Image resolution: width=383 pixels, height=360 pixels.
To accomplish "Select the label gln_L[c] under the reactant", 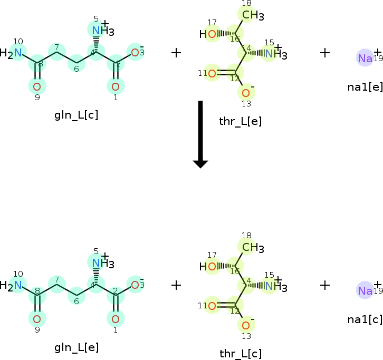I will tap(76, 115).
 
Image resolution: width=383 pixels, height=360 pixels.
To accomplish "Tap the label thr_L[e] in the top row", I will tap(240, 121).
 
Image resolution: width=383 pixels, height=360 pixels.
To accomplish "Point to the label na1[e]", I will tap(365, 86).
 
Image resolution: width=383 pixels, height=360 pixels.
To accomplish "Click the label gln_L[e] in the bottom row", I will tap(76, 347).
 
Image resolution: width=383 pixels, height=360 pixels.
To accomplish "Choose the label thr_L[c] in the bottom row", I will tap(240, 353).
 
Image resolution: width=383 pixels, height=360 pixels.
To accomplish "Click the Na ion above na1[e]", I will tap(365, 59).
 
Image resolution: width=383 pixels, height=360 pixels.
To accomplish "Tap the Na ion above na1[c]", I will tap(365, 290).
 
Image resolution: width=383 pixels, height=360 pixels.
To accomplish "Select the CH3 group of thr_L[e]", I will tap(252, 15).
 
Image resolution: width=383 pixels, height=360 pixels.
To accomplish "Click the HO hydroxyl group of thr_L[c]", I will tap(208, 267).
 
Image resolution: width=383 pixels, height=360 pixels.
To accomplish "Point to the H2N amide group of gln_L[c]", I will tap(13, 53).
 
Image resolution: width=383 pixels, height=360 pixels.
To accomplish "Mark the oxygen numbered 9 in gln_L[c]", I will tap(37, 86).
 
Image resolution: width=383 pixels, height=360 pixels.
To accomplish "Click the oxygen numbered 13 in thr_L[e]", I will tap(246, 93).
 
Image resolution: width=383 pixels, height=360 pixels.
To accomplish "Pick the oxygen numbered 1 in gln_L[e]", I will tap(116, 318).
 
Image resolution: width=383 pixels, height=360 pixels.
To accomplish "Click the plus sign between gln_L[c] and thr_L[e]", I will tap(176, 53).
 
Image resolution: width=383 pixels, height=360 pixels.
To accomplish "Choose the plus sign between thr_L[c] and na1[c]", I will tap(325, 285).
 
